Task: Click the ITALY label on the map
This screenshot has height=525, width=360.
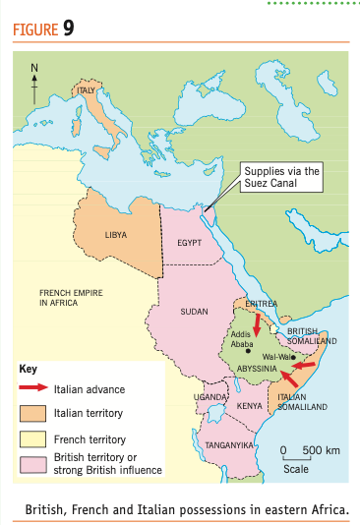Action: point(90,91)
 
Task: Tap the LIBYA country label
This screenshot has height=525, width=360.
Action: point(115,235)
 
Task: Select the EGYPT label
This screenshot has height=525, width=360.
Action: point(190,242)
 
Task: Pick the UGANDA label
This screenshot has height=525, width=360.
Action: point(209,396)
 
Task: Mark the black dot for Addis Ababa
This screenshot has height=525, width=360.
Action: point(248,351)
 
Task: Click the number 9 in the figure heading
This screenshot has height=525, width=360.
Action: point(69,27)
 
